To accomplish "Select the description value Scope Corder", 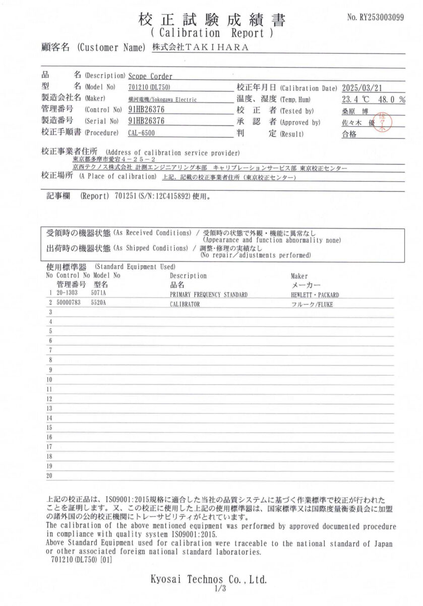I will tap(150, 76).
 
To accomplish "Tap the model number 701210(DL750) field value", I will tap(151, 87).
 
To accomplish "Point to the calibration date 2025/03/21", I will tap(366, 87).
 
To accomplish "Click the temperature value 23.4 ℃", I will tap(356, 99).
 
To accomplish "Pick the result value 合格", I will tap(349, 134).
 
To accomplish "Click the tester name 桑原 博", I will tap(352, 111).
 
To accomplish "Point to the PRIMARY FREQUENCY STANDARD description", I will tap(208, 294).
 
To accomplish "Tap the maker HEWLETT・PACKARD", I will tap(315, 294).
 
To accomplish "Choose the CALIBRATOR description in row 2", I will tap(185, 305).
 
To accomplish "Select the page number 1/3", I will tap(219, 589).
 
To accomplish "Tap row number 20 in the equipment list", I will tap(49, 476).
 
